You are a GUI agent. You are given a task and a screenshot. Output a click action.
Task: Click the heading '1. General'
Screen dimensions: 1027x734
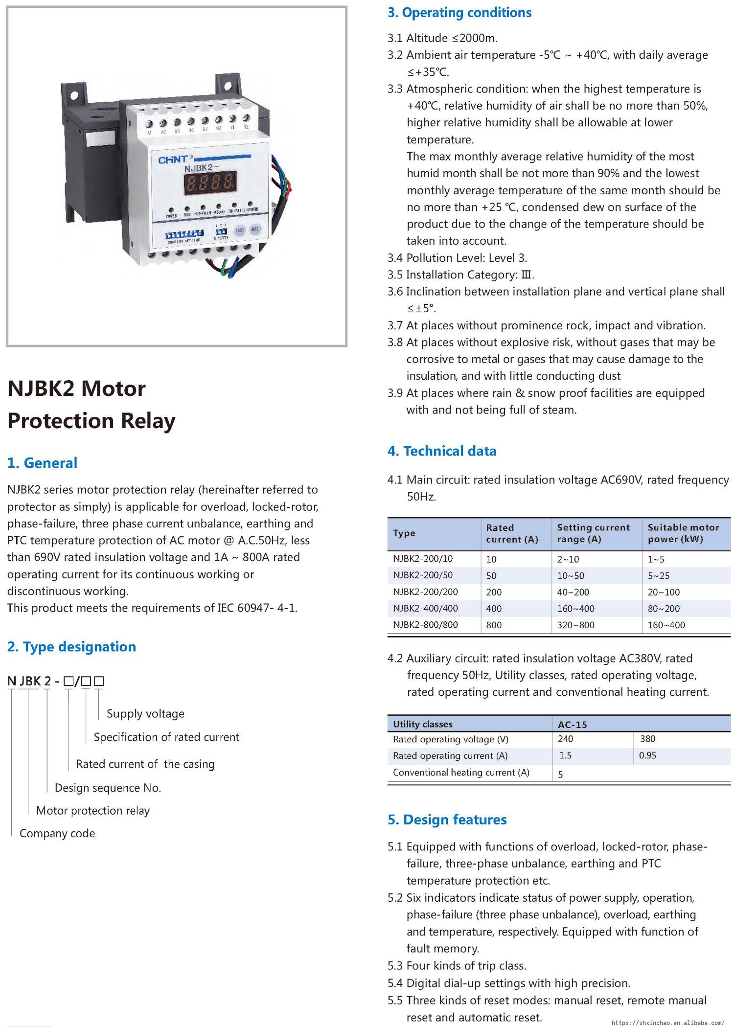point(42,463)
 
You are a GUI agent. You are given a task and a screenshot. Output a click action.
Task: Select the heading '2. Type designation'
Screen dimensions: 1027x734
point(71,646)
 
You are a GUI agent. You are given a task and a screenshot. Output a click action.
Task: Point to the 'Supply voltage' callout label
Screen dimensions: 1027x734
point(145,713)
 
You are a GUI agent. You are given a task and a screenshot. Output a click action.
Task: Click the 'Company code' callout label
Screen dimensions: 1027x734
point(57,833)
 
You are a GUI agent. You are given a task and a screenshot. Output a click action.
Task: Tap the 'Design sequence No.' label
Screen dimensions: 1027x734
point(108,787)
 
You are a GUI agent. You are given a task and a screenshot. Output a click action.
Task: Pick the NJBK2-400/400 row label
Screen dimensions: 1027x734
point(425,608)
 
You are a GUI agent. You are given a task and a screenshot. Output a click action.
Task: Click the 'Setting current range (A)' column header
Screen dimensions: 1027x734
point(593,533)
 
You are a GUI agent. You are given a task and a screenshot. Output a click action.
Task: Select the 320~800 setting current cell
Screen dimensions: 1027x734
point(575,625)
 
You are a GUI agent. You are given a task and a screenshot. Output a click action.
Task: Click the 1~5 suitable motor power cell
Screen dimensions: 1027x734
point(656,559)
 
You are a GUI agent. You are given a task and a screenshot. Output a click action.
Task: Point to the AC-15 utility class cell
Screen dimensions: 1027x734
point(572,724)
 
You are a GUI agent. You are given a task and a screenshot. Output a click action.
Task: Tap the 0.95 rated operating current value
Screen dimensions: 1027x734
point(647,755)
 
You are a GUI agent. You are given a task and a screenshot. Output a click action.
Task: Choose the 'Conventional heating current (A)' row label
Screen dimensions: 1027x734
point(461,772)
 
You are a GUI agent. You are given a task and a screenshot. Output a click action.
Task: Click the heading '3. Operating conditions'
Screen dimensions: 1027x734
point(459,13)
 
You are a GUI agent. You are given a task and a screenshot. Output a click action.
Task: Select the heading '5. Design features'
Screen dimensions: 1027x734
point(447,820)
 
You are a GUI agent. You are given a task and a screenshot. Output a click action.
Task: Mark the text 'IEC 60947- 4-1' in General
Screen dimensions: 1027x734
point(257,608)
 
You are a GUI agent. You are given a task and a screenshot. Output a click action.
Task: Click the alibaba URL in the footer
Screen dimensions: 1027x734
point(668,1022)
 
